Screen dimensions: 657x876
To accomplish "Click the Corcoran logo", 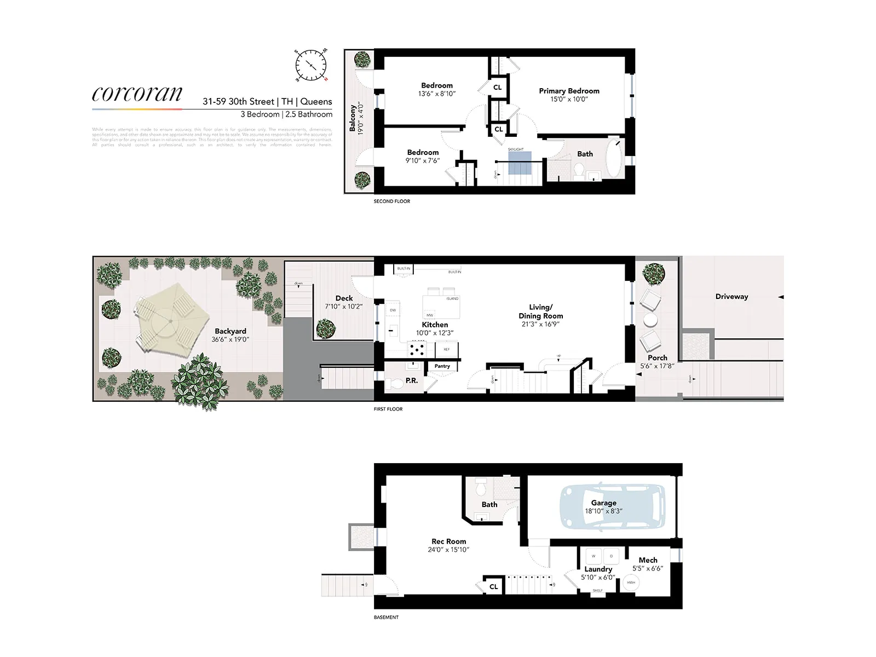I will point(137,94).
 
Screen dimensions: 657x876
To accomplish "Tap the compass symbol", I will point(311,65).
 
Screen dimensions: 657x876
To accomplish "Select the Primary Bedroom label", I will point(569,91).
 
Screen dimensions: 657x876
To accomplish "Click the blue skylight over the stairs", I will point(520,163).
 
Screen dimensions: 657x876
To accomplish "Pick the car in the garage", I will point(612,506).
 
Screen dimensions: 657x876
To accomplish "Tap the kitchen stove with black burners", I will point(417,348).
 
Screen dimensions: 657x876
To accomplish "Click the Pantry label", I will point(442,366).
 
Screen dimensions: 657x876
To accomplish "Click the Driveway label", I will point(731,297).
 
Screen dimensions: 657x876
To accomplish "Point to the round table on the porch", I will point(650,319).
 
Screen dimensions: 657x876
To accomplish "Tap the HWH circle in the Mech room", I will point(631,583).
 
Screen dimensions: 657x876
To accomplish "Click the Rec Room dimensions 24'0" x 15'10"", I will point(448,550).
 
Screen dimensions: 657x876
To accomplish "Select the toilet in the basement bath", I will point(481,486).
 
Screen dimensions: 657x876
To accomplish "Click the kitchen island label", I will point(452,299).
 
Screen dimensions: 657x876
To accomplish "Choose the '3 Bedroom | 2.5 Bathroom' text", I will point(286,114).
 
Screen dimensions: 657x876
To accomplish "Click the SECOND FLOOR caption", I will point(391,201).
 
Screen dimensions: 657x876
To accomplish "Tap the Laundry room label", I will point(598,569).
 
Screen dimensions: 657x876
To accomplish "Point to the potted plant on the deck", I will point(326,328).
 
